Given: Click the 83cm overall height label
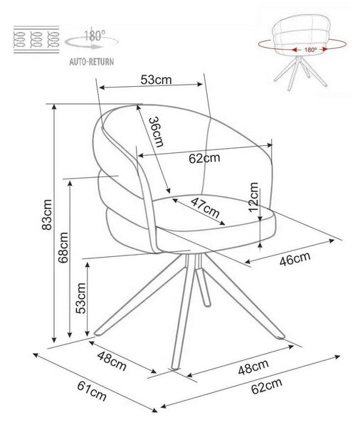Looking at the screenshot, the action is [48, 215].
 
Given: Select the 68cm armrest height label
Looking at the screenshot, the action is [63, 247].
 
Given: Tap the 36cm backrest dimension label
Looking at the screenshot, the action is [157, 132].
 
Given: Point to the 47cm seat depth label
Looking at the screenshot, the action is [205, 208].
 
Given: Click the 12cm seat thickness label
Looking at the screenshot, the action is [253, 197].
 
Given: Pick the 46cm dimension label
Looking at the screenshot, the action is [295, 259].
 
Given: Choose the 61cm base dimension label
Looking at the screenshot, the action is [92, 391].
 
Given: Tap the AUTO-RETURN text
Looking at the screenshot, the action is [92, 62].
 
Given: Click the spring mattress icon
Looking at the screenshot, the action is [36, 39].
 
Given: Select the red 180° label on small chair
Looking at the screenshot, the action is [310, 50].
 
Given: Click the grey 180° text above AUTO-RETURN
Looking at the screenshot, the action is [95, 36].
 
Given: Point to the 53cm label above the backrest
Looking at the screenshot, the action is [156, 80].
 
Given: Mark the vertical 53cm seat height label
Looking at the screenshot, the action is [81, 298].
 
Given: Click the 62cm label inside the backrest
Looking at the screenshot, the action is [204, 158].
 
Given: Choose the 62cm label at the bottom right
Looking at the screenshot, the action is [266, 386].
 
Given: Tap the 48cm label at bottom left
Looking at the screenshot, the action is [112, 361].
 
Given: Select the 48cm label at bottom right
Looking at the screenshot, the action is [253, 367].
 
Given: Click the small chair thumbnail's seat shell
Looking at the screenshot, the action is [302, 35].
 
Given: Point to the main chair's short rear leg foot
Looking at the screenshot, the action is [207, 303].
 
